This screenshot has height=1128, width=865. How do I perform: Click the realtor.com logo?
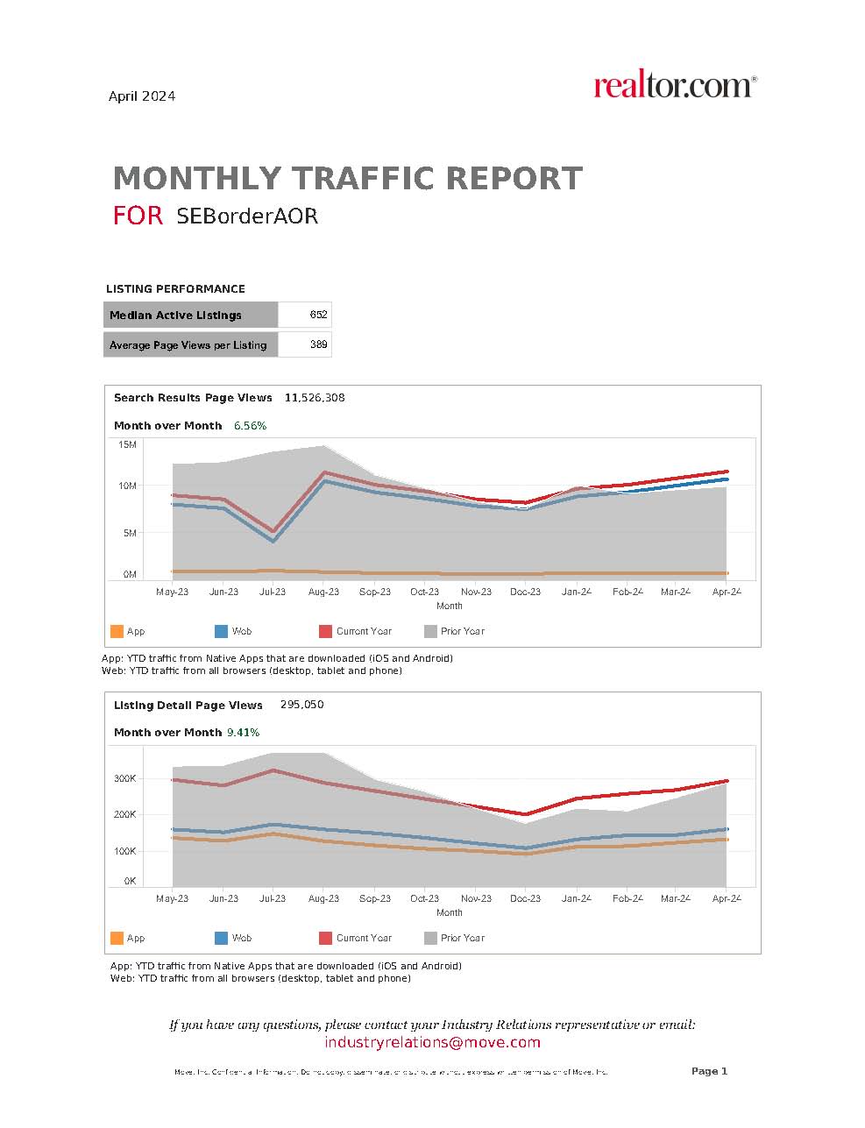674,86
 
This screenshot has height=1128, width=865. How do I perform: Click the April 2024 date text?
142,96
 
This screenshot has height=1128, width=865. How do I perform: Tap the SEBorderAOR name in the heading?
246,216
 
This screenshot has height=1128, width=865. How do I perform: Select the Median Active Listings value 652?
318,315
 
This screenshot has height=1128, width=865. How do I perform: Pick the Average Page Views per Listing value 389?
318,344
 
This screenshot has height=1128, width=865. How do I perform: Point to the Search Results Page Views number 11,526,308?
315,398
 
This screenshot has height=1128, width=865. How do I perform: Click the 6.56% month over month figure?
250,426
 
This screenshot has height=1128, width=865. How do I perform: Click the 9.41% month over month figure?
244,733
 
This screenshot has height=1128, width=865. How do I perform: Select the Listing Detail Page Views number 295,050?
301,705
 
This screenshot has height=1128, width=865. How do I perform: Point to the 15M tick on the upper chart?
128,445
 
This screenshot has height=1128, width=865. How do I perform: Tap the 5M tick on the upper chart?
130,533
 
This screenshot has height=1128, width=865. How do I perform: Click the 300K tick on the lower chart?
125,778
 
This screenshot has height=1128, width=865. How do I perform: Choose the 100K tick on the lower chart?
125,851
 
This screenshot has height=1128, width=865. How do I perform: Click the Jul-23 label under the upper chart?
273,592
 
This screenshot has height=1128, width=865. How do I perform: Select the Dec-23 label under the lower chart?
526,898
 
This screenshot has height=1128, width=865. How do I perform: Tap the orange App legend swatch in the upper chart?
117,631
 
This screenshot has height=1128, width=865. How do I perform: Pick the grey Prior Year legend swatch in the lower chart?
430,938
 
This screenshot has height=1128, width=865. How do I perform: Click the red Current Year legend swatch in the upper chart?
325,631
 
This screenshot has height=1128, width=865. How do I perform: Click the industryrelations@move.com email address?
432,1042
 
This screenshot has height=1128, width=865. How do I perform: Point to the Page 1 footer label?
709,1071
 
